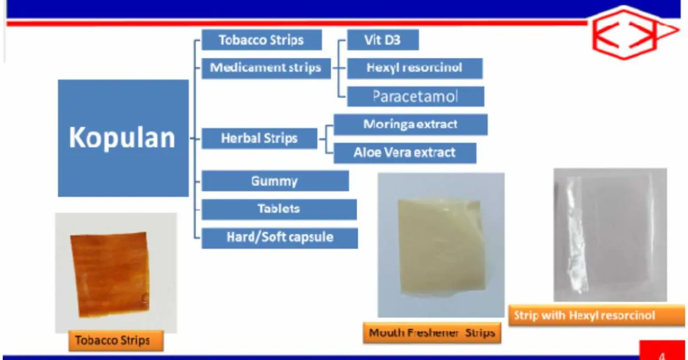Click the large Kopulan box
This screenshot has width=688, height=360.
click(x=123, y=138)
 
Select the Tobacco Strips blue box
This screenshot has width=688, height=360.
click(x=261, y=41)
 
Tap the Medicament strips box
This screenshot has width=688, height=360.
click(x=265, y=68)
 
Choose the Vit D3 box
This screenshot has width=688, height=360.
click(x=382, y=41)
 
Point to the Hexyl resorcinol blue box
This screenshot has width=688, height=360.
click(x=415, y=68)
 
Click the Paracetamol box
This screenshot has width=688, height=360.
click(x=415, y=96)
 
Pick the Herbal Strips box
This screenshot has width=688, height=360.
click(x=259, y=138)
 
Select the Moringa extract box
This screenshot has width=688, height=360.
click(x=411, y=124)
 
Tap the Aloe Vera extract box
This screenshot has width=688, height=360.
click(x=405, y=152)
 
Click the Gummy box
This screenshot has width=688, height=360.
click(x=275, y=181)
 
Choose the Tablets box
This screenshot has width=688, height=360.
click(x=279, y=209)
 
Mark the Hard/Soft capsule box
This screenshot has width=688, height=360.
click(x=279, y=237)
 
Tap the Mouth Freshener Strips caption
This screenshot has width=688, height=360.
click(x=432, y=333)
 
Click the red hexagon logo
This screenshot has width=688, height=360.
click(x=631, y=33)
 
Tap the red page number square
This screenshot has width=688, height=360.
click(x=663, y=351)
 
